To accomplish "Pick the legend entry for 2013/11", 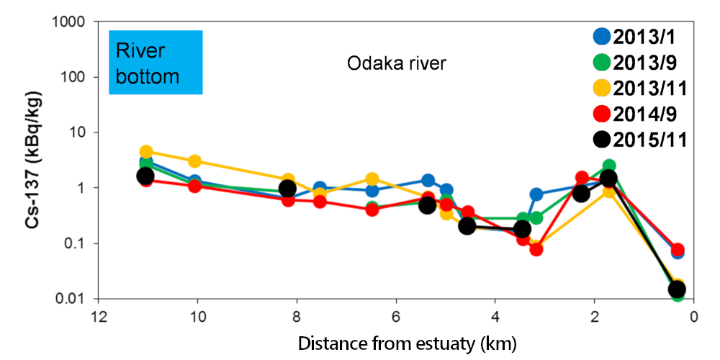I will tap(636, 88).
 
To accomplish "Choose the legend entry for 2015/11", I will tap(636, 140).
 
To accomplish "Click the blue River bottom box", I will tap(155, 63).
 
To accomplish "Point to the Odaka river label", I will tap(397, 63).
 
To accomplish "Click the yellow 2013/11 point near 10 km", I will tap(194, 161).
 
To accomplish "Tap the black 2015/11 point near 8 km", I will tap(287, 188).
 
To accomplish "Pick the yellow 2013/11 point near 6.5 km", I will tap(372, 179).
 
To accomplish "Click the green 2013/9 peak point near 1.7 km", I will tap(609, 166).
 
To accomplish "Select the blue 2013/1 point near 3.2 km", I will tap(536, 194).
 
